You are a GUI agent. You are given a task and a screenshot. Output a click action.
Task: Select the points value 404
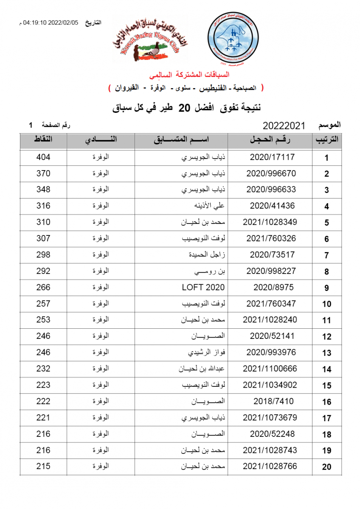coord(43,157)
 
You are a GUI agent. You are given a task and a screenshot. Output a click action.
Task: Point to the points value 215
coord(43,466)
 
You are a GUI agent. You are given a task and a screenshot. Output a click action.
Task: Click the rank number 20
coord(326,467)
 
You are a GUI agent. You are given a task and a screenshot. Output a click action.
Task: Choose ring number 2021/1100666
coord(270,369)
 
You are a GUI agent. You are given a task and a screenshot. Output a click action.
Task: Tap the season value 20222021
coord(284,126)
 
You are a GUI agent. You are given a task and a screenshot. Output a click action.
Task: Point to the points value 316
coord(43,206)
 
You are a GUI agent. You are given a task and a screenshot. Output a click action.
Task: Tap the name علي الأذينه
coord(209,206)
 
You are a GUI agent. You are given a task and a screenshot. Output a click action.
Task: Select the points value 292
coord(43,271)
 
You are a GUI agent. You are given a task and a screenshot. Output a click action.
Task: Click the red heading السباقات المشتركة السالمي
coord(189,75)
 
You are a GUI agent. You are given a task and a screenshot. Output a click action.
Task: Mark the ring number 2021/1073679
coord(270,417)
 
